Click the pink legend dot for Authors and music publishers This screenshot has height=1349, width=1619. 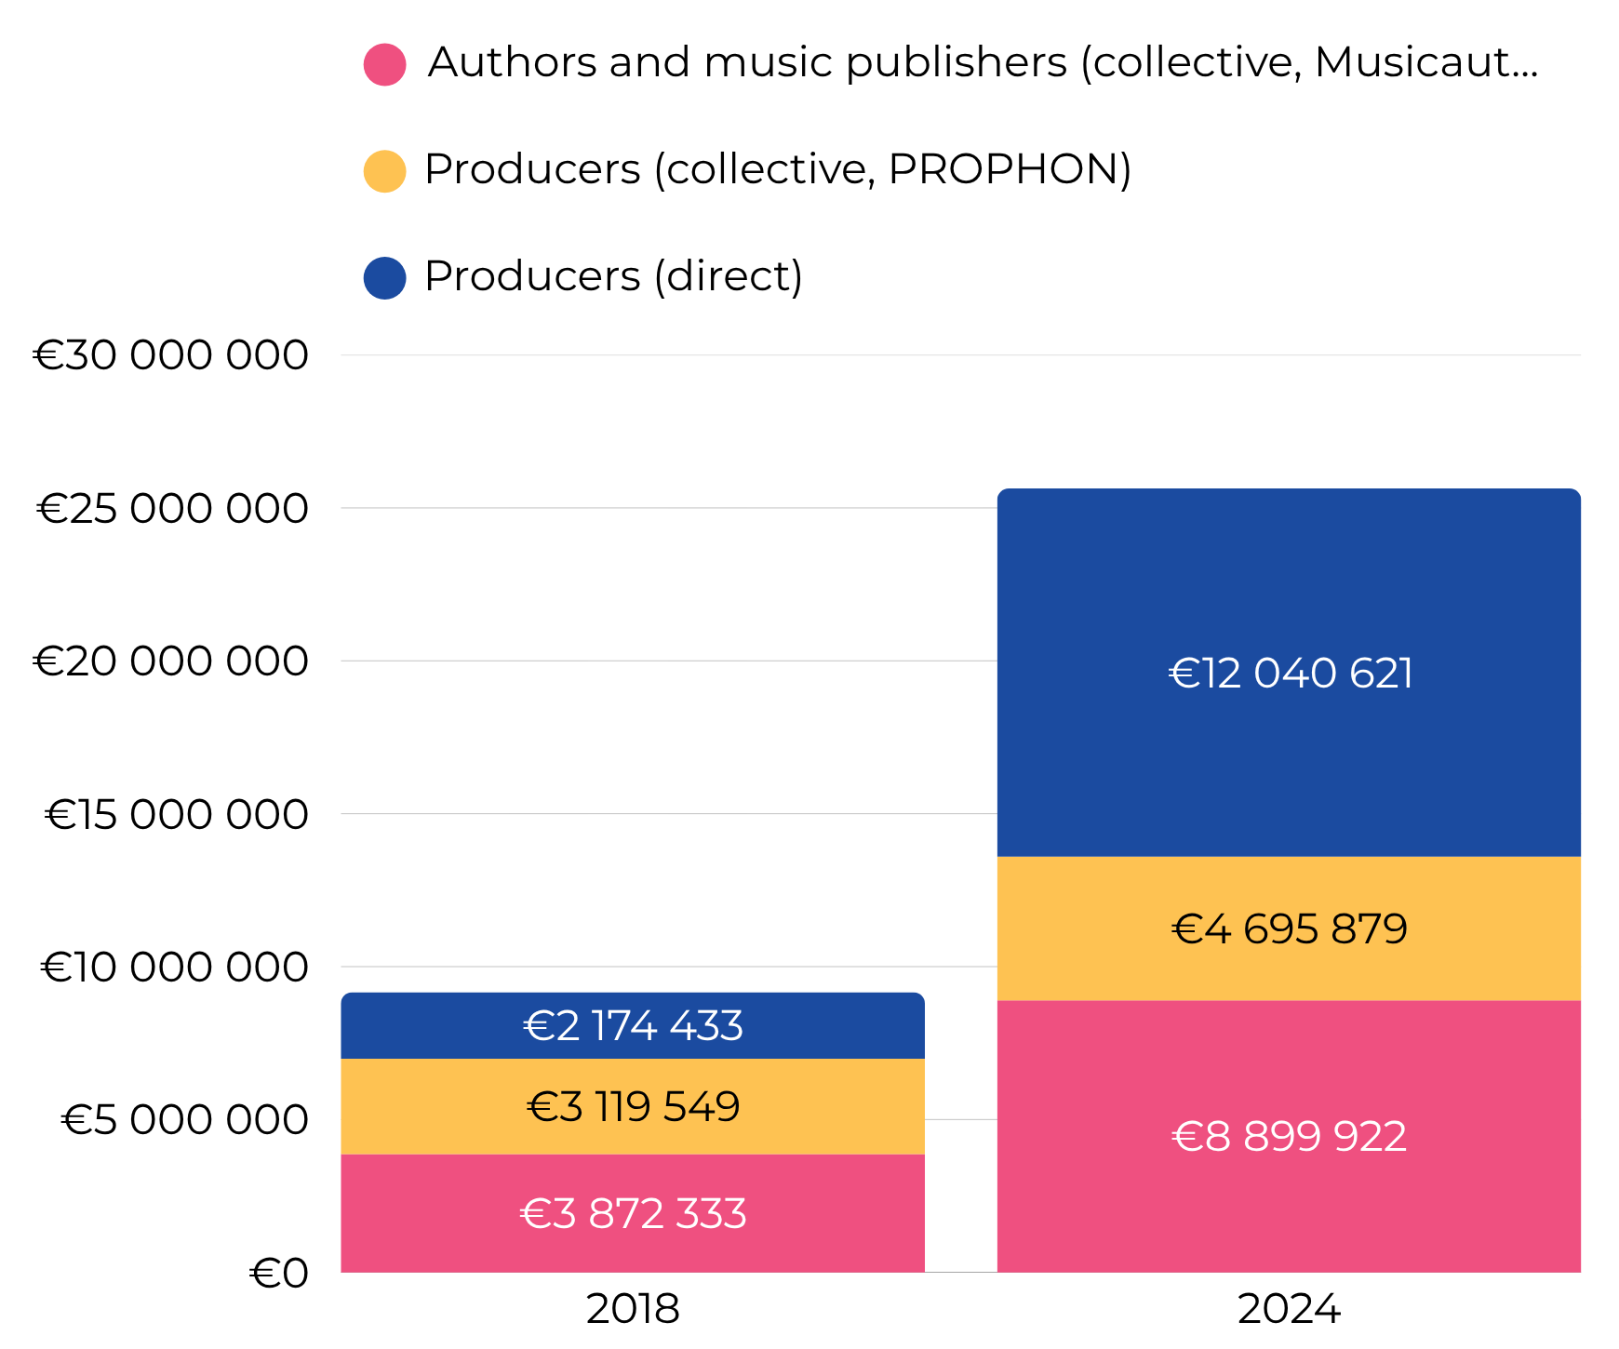pyautogui.click(x=384, y=64)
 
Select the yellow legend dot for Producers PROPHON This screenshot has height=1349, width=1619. pyautogui.click(x=384, y=171)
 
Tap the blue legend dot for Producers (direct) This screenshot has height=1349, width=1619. pyautogui.click(x=384, y=278)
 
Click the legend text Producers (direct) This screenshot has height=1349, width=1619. pyautogui.click(x=613, y=276)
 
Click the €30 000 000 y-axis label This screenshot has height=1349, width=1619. pyautogui.click(x=171, y=355)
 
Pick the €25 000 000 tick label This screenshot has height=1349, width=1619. pyautogui.click(x=173, y=509)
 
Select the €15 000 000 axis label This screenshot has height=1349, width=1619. pyautogui.click(x=177, y=815)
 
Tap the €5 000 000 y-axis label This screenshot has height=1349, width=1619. pyautogui.click(x=184, y=1120)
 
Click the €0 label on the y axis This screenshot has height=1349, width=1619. pyautogui.click(x=278, y=1274)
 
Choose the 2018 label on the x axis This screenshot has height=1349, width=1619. pyautogui.click(x=633, y=1310)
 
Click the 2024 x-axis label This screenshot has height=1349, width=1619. pyautogui.click(x=1289, y=1310)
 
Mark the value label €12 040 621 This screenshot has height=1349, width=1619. pyautogui.click(x=1290, y=674)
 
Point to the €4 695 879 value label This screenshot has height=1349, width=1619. pyautogui.click(x=1289, y=929)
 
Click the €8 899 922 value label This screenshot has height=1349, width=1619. pyautogui.click(x=1289, y=1137)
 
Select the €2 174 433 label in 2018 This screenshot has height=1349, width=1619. pyautogui.click(x=633, y=1026)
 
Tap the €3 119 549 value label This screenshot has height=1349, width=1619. pyautogui.click(x=633, y=1107)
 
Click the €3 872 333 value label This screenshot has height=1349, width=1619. pyautogui.click(x=633, y=1214)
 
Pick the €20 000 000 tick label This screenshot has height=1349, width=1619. pyautogui.click(x=171, y=661)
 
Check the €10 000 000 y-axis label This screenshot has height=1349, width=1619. pyautogui.click(x=175, y=968)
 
